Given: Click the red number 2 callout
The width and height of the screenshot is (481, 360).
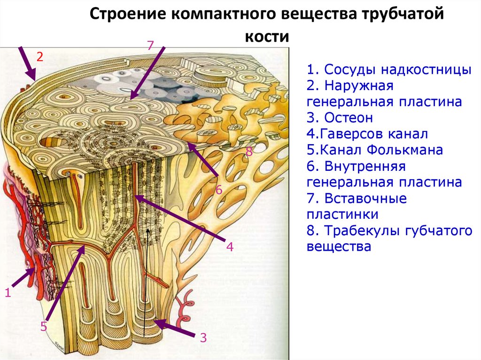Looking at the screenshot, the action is (40, 57).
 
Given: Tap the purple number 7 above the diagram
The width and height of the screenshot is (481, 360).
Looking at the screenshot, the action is (150, 46).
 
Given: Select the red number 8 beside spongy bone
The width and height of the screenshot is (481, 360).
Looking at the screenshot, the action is (249, 151).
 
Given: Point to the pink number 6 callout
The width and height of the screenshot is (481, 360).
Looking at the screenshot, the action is (219, 191).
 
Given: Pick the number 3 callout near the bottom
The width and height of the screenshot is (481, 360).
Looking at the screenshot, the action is (203, 337).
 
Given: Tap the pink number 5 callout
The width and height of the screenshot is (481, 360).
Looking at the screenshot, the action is (44, 327).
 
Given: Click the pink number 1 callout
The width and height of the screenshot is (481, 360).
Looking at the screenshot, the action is (8, 293).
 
